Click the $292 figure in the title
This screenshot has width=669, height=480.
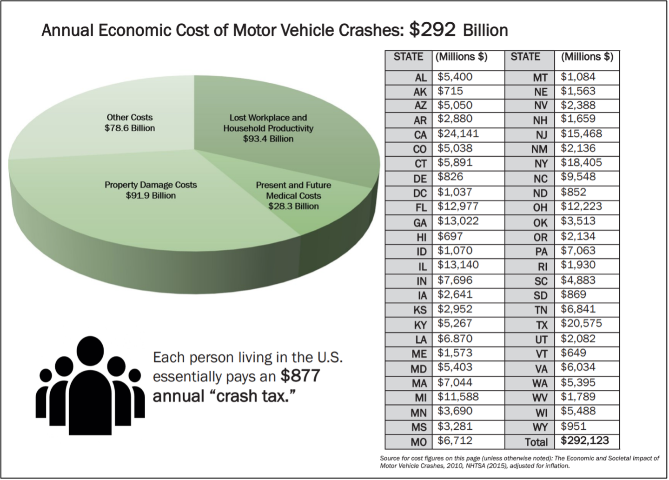point(432,30)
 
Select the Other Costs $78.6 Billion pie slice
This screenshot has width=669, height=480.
point(107,116)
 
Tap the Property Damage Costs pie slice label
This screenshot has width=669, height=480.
point(151,190)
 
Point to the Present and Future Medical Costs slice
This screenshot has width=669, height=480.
point(293,195)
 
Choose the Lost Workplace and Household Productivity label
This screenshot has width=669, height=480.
point(268,128)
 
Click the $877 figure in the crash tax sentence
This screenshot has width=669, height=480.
point(300,376)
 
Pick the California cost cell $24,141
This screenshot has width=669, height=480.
point(458,134)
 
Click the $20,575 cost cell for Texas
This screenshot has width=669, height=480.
point(581,323)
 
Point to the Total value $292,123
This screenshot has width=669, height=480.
point(584,440)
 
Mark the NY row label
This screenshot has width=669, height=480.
point(541,164)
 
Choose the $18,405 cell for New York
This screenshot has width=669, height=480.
point(581,163)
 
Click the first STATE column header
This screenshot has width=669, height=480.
point(408,57)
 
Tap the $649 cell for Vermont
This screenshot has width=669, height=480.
point(573,353)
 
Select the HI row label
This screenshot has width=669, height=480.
point(421,237)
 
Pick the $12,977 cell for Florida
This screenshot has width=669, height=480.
point(457,206)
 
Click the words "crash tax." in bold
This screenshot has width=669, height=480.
point(251,396)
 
